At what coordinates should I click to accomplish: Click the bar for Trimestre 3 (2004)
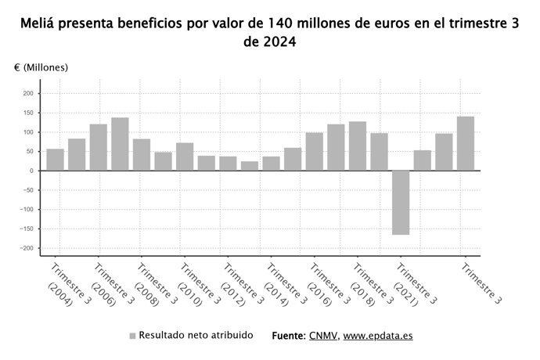55,160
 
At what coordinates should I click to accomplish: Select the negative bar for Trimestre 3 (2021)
401,203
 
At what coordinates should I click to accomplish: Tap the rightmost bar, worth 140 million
466,143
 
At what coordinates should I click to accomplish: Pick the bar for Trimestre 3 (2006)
99,147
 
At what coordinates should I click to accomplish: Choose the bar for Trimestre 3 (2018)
358,146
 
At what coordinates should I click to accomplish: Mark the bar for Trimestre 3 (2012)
228,164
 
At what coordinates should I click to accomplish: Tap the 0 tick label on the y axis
32,171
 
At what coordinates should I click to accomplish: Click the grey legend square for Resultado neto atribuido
132,336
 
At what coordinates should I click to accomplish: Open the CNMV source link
323,336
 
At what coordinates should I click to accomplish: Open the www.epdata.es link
378,336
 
